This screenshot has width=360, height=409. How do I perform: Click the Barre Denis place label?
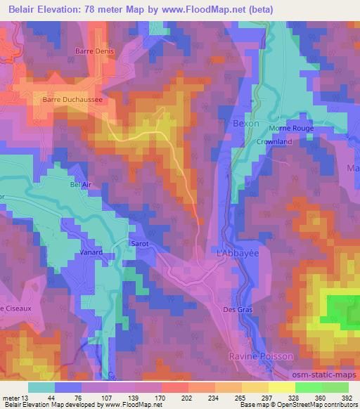click(94, 51)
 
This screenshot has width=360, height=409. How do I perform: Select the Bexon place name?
click(245, 123)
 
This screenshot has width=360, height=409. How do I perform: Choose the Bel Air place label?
click(81, 185)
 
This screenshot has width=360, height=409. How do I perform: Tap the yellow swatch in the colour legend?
click(281, 387)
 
